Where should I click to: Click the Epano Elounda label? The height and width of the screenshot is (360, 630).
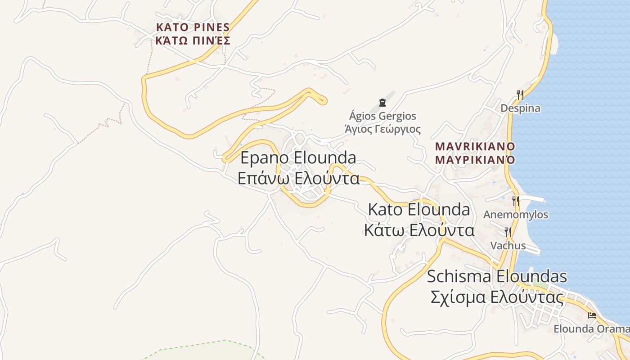point(298,158)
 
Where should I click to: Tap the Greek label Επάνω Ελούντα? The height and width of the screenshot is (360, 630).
point(298,178)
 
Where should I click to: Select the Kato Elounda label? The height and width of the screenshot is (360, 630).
point(419,210)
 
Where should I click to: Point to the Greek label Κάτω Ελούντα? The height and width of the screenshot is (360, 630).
point(419,230)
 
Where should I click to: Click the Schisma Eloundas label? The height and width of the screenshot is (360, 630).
point(497,276)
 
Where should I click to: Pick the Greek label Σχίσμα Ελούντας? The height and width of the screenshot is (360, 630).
point(497,297)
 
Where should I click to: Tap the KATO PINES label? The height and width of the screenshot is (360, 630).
point(193,27)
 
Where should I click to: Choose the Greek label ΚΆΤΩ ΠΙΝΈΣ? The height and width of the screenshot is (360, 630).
point(193,41)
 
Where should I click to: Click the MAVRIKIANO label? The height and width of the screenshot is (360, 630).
point(475,146)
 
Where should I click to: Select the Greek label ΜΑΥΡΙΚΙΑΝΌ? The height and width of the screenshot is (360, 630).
point(475,160)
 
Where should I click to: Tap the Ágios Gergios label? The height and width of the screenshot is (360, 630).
point(383,116)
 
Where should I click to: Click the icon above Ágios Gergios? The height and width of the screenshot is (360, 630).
point(382,103)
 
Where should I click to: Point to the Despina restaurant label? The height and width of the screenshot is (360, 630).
point(521,108)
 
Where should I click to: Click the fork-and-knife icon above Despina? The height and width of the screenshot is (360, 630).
point(520,94)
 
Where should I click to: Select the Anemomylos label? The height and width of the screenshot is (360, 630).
point(516,215)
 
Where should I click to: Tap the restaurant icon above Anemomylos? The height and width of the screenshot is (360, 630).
point(516,201)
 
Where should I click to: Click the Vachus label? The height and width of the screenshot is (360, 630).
point(508,246)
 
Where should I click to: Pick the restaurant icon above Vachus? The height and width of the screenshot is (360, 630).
point(508,232)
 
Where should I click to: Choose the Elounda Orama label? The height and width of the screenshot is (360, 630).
point(591,329)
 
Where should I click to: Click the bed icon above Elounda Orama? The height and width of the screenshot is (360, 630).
point(592,315)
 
